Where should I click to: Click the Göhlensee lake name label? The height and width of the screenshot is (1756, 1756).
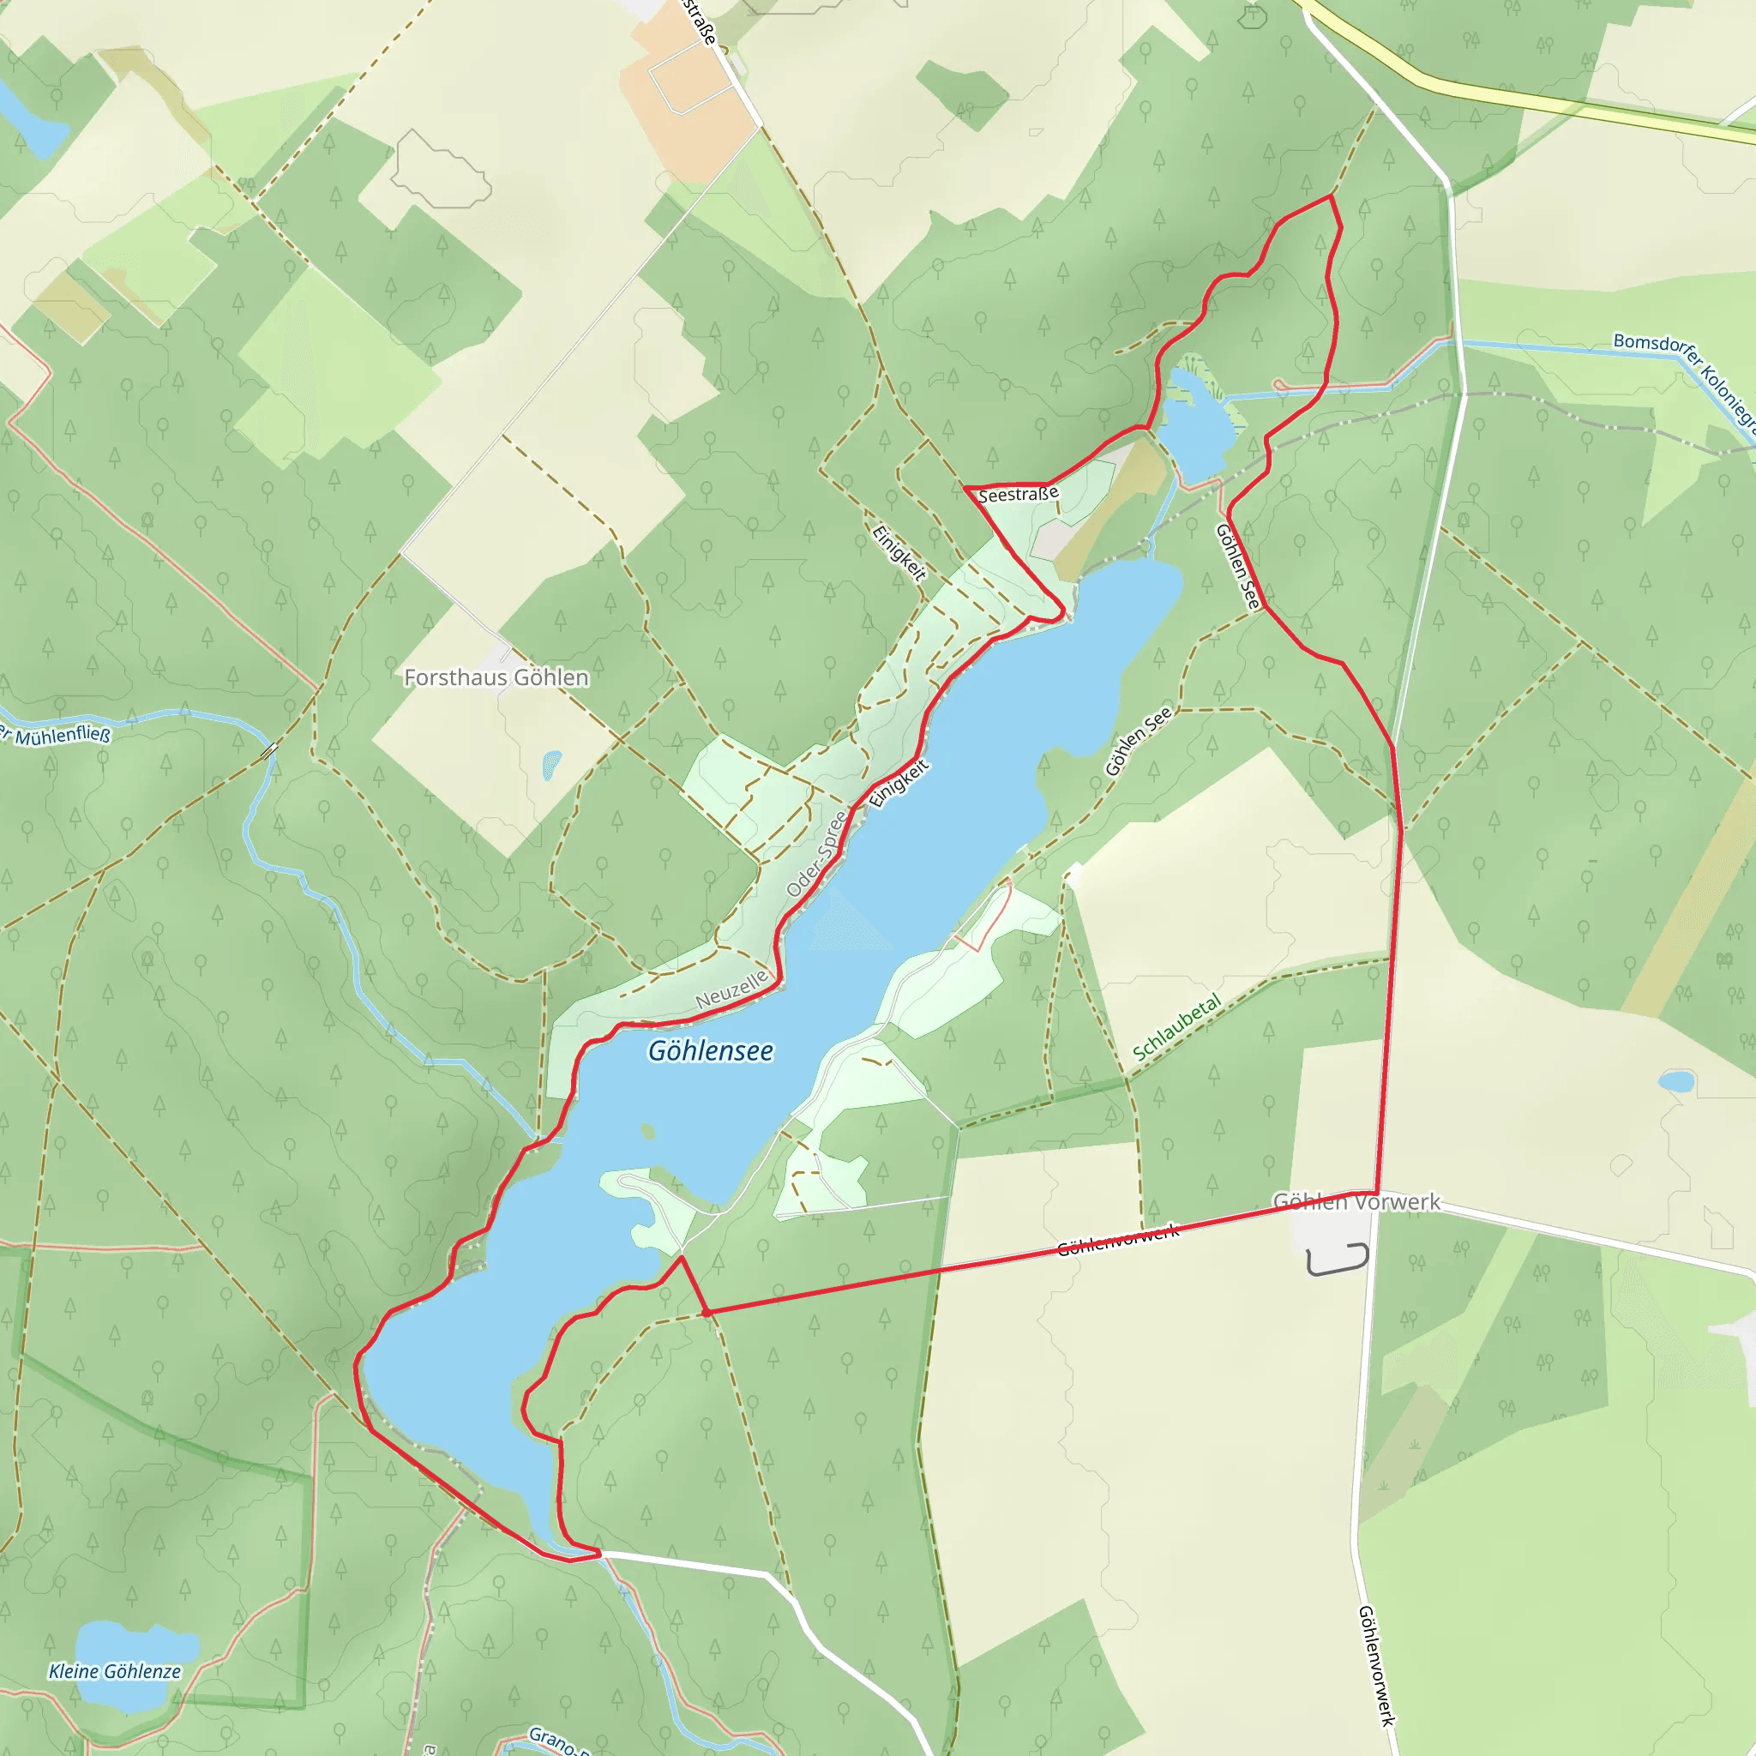coord(710,1050)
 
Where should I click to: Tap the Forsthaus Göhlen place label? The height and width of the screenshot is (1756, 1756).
coord(496,677)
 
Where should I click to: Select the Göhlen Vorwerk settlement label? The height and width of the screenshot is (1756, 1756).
coord(1356,1201)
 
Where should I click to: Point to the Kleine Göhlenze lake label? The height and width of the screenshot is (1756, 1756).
coord(115,1671)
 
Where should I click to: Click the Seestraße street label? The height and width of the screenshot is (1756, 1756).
coord(1018,495)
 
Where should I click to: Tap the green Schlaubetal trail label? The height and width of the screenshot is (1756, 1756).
coord(1176,1028)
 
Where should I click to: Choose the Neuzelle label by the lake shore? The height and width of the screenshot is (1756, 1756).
coord(731,988)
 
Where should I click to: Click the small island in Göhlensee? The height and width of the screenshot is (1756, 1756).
coord(647,1132)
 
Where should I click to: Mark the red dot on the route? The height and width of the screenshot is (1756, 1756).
coord(707,1313)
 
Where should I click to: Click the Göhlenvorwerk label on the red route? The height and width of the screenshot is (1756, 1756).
coord(1118,1241)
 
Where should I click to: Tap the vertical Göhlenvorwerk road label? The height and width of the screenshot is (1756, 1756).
coord(1376,1665)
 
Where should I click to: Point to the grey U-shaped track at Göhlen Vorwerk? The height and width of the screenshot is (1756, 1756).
coord(1338,1260)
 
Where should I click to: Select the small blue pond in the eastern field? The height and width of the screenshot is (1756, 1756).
coord(1676,1081)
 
